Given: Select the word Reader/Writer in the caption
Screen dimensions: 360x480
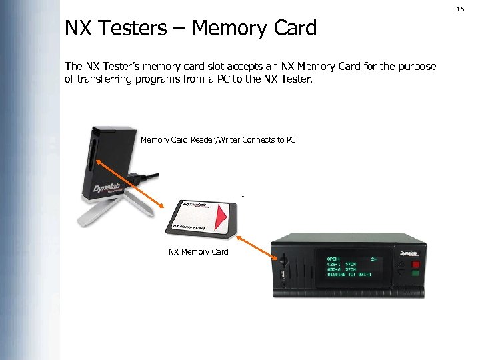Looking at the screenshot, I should pos(215,140).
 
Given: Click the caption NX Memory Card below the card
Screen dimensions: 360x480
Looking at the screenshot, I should pos(199,252).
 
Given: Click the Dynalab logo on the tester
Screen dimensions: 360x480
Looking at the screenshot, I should pos(408,253).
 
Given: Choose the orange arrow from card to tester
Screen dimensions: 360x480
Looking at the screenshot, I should pos(257,245).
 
